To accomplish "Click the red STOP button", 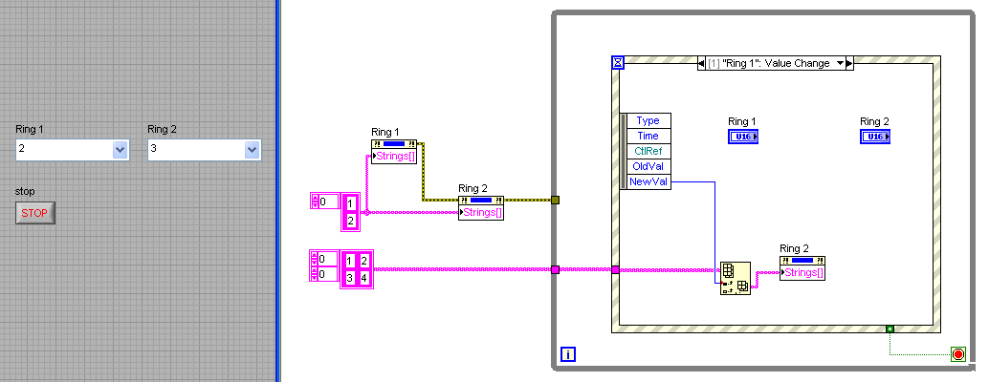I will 35,213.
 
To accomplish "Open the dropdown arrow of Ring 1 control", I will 120,149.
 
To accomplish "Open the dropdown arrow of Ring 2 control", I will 252,149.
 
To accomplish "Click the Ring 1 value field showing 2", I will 63,149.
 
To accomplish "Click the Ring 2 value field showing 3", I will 195,149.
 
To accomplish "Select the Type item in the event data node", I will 648,120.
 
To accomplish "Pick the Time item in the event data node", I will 648,136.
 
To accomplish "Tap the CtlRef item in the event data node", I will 648,151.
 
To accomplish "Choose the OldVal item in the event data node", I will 648,166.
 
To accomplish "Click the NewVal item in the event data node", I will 648,181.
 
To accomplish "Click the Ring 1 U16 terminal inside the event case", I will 742,137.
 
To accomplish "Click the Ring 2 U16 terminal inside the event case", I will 874,137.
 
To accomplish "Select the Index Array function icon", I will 735,279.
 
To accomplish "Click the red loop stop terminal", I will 958,355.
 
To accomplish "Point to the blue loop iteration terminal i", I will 568,355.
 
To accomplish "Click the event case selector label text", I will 770,63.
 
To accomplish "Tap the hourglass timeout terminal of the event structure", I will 618,63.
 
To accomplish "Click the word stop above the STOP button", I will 25,191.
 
